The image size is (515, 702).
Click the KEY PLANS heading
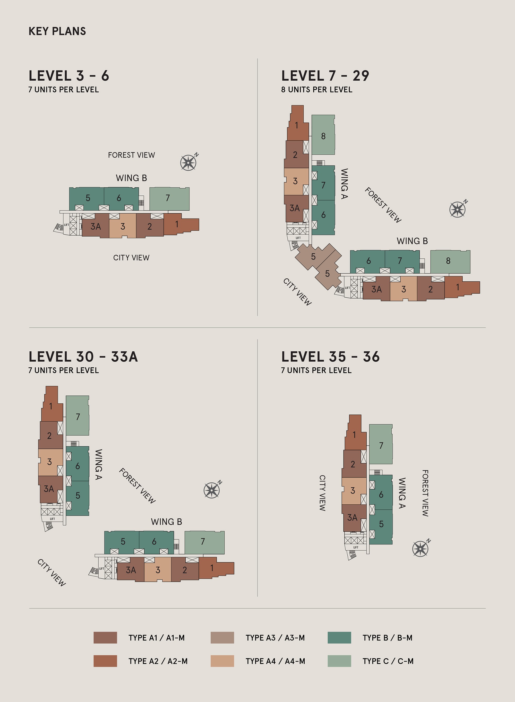57,31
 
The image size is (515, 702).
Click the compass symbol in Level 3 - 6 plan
188,162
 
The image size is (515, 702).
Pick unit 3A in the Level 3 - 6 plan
95,227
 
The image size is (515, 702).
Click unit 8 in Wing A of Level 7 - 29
323,136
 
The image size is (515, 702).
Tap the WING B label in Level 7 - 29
412,241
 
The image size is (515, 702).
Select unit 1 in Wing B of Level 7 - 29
458,287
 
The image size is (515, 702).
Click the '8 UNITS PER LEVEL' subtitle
316,90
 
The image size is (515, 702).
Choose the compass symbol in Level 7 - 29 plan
458,209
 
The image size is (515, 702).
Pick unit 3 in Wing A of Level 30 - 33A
49,462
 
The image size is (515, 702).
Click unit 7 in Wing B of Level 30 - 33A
203,542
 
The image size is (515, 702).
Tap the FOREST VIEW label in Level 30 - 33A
137,486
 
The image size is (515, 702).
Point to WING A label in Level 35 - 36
402,493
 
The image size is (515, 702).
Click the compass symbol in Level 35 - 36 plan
420,548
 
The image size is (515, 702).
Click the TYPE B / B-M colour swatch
339,637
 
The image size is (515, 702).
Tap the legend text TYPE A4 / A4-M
275,661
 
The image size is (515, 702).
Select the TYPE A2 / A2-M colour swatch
105,661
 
